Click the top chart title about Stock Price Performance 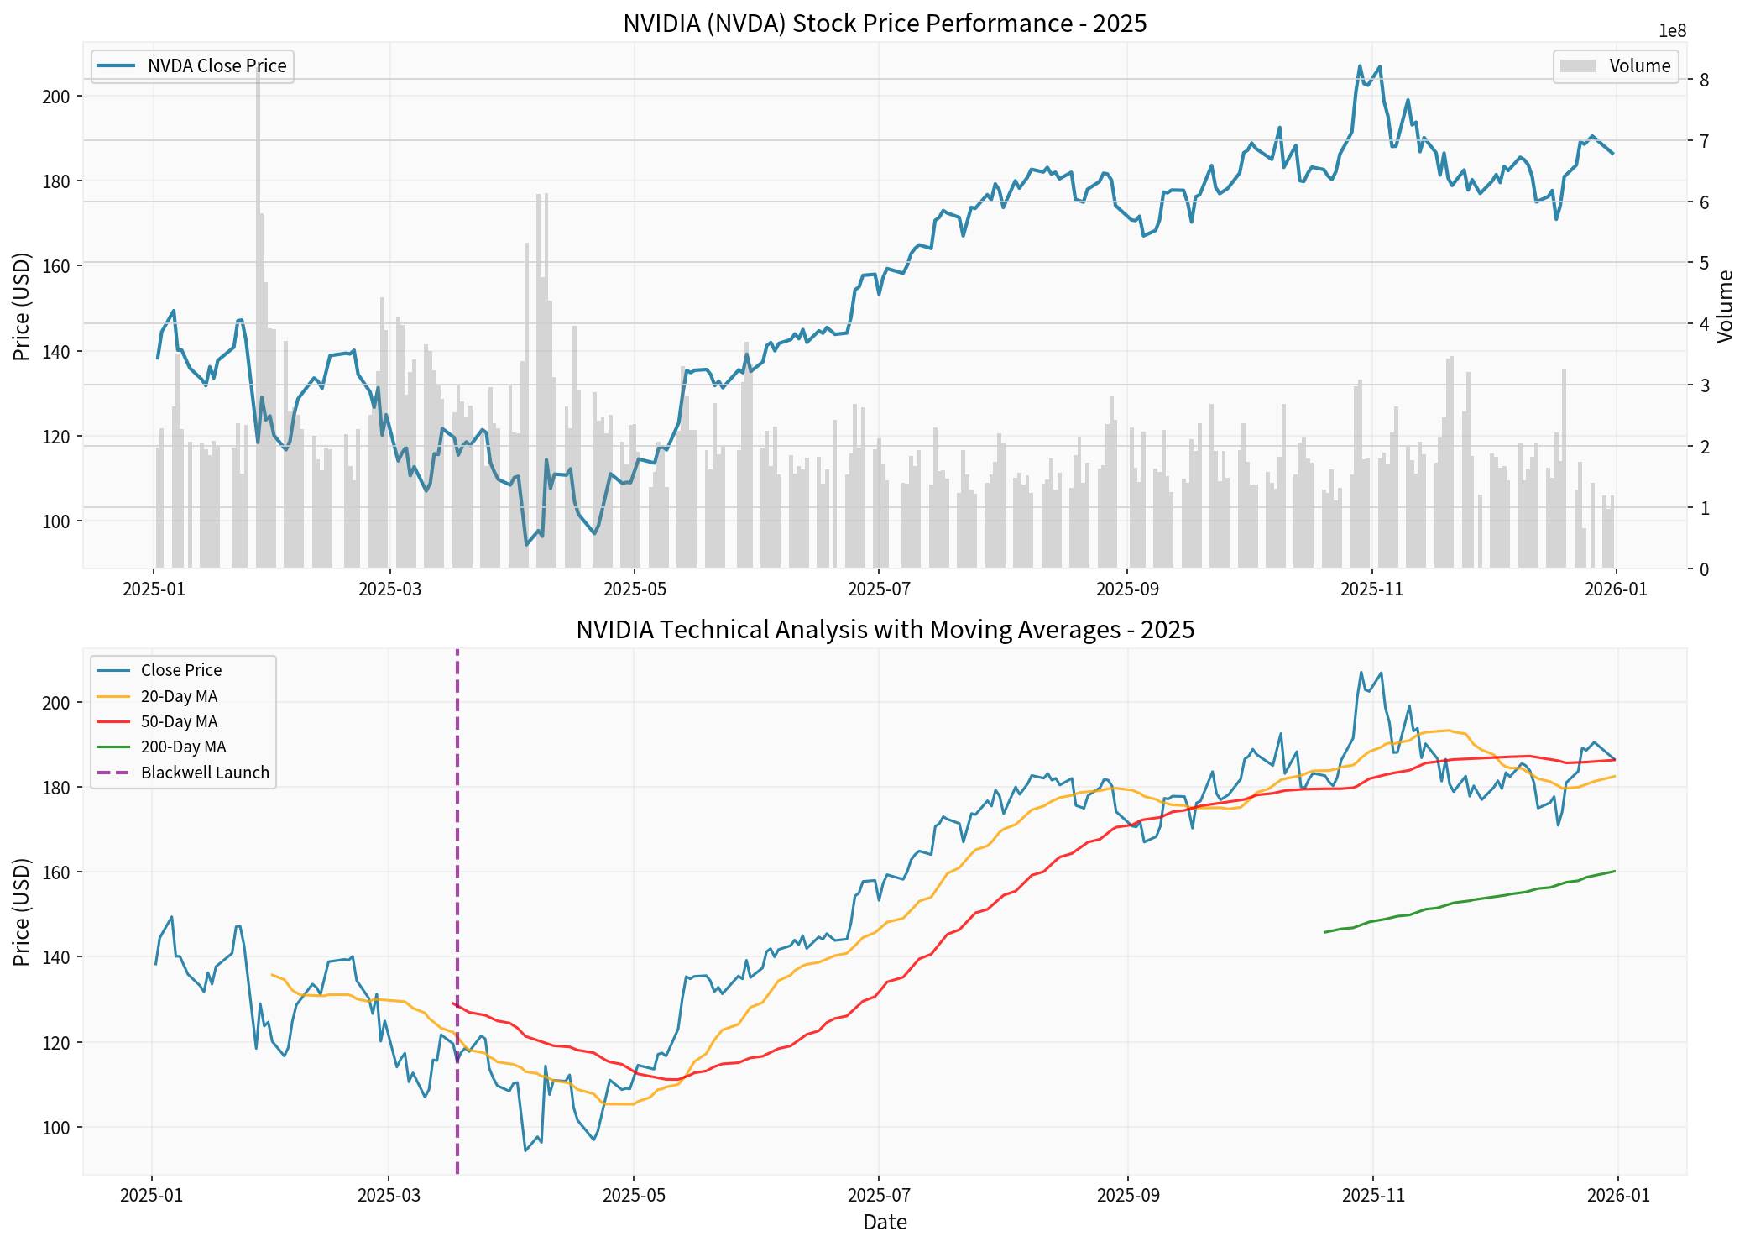pyautogui.click(x=885, y=24)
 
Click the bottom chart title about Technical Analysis pyautogui.click(x=885, y=630)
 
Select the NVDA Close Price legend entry pyautogui.click(x=216, y=65)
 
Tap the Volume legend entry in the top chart pyautogui.click(x=1639, y=65)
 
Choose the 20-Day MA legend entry pyautogui.click(x=178, y=696)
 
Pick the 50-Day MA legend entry pyautogui.click(x=178, y=721)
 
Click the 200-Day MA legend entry pyautogui.click(x=182, y=747)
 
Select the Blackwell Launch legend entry pyautogui.click(x=204, y=773)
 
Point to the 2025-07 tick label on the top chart pyautogui.click(x=879, y=589)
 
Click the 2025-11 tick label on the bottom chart pyautogui.click(x=1372, y=1196)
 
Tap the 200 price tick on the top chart pyautogui.click(x=55, y=97)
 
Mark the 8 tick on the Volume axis pyautogui.click(x=1705, y=81)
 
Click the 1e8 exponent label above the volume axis pyautogui.click(x=1672, y=32)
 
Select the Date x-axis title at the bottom pyautogui.click(x=885, y=1222)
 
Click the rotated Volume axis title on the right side pyautogui.click(x=1725, y=307)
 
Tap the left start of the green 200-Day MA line pyautogui.click(x=1325, y=932)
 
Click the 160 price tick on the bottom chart pyautogui.click(x=55, y=872)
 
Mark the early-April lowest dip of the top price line pyautogui.click(x=526, y=545)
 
